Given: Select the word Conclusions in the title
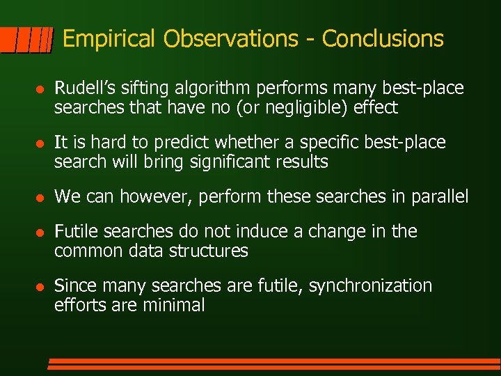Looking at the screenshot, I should tap(383, 39).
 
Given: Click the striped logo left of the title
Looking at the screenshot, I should tap(26, 40).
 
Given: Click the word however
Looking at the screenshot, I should tap(157, 197).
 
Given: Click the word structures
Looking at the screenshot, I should tap(209, 251).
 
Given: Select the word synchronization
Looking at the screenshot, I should tap(370, 285).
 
